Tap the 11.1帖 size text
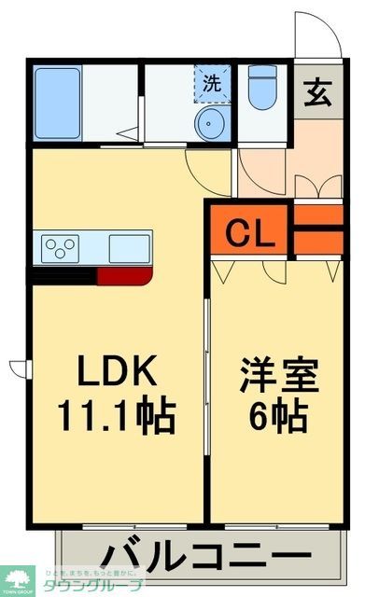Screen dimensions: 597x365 pyautogui.click(x=116, y=416)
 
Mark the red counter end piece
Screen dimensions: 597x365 pyautogui.click(x=123, y=274)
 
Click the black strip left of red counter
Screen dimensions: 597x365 pyautogui.click(x=63, y=274)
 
